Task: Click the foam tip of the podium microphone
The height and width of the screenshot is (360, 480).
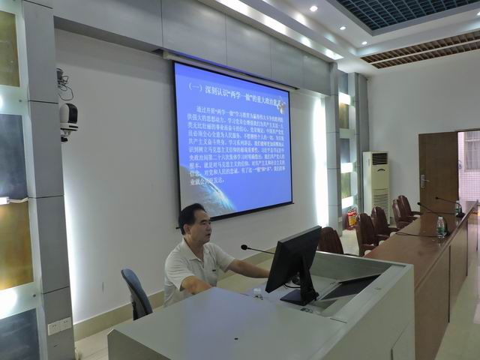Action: [x=244, y=247]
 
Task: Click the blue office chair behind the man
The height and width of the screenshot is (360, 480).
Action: [x=136, y=293]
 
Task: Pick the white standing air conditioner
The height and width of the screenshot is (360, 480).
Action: [x=376, y=183]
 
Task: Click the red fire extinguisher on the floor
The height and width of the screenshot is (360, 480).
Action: [x=351, y=218]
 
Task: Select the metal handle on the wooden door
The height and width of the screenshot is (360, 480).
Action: [x=425, y=181]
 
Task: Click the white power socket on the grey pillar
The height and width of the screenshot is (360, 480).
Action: [x=60, y=326]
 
